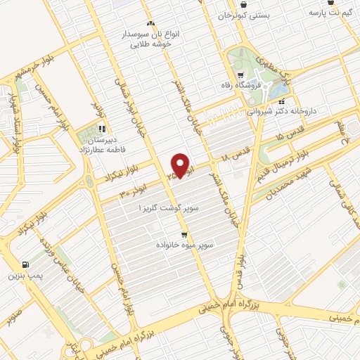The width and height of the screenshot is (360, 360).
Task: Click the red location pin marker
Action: coord(181,166)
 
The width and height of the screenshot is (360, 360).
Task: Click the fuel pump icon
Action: coord(26,265)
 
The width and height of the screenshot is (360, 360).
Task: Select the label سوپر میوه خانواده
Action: coord(184,245)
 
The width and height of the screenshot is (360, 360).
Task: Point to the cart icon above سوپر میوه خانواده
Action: coord(184,235)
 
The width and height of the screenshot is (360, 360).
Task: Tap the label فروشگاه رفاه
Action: coord(257,85)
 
